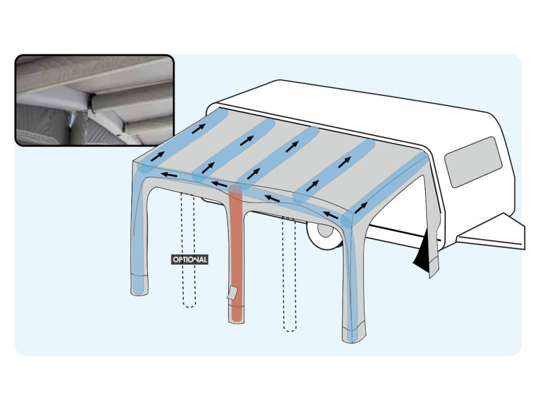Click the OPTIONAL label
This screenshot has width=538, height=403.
coord(190,259)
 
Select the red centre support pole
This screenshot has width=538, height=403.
coord(236,254)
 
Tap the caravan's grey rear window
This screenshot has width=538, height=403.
coord(473,162)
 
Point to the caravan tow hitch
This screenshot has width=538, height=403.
coord(491,232)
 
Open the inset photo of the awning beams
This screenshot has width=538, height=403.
coord(95,100)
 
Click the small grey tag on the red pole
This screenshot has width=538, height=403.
coord(232,293)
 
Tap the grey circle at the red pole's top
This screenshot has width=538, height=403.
coord(235,189)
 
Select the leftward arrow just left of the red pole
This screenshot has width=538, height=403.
coord(219,184)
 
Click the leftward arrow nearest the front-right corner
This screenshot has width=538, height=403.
coord(331,215)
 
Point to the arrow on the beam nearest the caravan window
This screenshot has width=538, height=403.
coord(361,208)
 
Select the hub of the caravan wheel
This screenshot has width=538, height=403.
coord(325,230)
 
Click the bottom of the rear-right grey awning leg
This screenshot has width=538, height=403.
coord(434,271)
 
